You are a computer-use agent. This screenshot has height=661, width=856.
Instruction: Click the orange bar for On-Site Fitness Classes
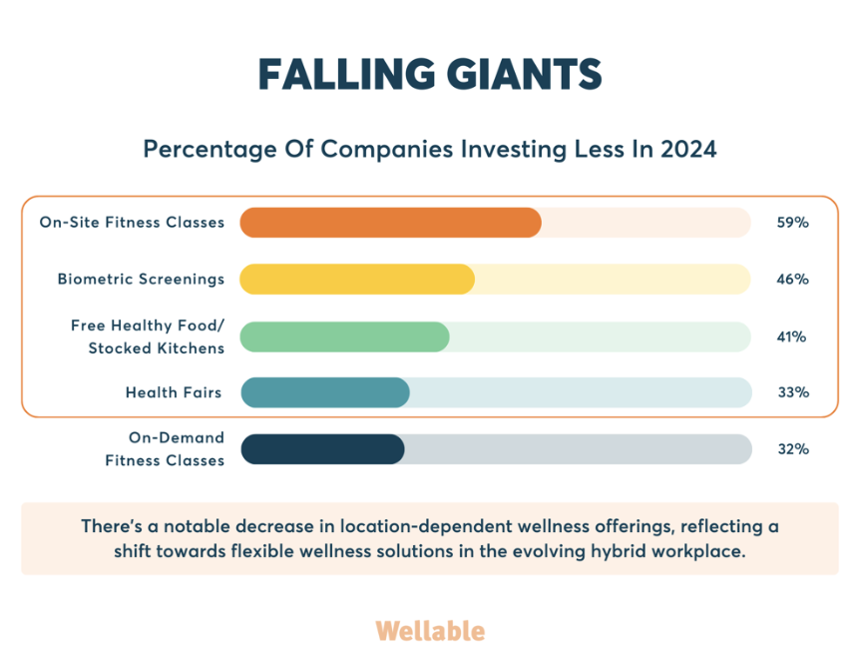pyautogui.click(x=390, y=223)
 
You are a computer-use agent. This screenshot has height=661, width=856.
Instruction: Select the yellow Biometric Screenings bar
pyautogui.click(x=357, y=280)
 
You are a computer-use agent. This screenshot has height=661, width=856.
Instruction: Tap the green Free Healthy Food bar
pyautogui.click(x=344, y=336)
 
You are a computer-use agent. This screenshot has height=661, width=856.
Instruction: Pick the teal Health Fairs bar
pyautogui.click(x=325, y=392)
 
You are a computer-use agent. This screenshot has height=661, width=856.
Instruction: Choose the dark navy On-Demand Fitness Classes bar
pyautogui.click(x=322, y=449)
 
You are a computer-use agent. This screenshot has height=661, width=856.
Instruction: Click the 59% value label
pyautogui.click(x=793, y=223)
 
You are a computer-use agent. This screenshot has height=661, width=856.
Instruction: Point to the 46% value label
pyautogui.click(x=793, y=280)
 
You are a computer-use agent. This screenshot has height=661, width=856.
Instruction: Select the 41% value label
pyautogui.click(x=791, y=336)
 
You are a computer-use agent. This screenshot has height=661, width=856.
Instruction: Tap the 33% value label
pyautogui.click(x=793, y=392)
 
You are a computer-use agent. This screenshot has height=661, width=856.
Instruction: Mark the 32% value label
pyautogui.click(x=793, y=449)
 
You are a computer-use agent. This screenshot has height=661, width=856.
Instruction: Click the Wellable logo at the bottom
pyautogui.click(x=430, y=631)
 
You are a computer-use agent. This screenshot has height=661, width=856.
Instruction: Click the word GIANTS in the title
pyautogui.click(x=524, y=74)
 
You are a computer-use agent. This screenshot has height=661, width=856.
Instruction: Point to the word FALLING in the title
pyautogui.click(x=346, y=74)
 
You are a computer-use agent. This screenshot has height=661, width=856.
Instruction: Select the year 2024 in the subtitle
pyautogui.click(x=688, y=149)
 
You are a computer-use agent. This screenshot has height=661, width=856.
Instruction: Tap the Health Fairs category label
pyautogui.click(x=174, y=392)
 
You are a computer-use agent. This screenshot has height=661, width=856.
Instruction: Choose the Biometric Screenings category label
pyautogui.click(x=141, y=280)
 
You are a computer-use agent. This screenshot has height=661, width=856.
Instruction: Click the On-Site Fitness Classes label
pyautogui.click(x=132, y=223)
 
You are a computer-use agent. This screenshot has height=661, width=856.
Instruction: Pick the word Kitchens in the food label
pyautogui.click(x=191, y=348)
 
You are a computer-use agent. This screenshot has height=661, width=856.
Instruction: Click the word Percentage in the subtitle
pyautogui.click(x=210, y=150)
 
